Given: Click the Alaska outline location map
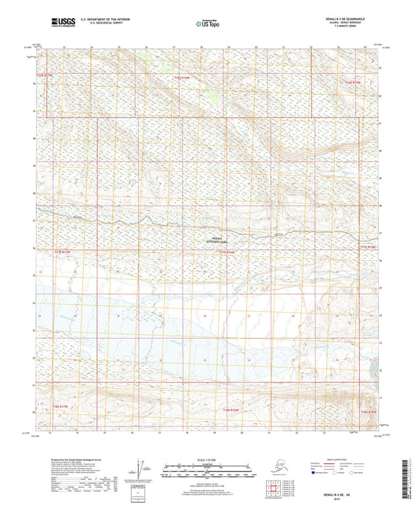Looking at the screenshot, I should tap(276, 468).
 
